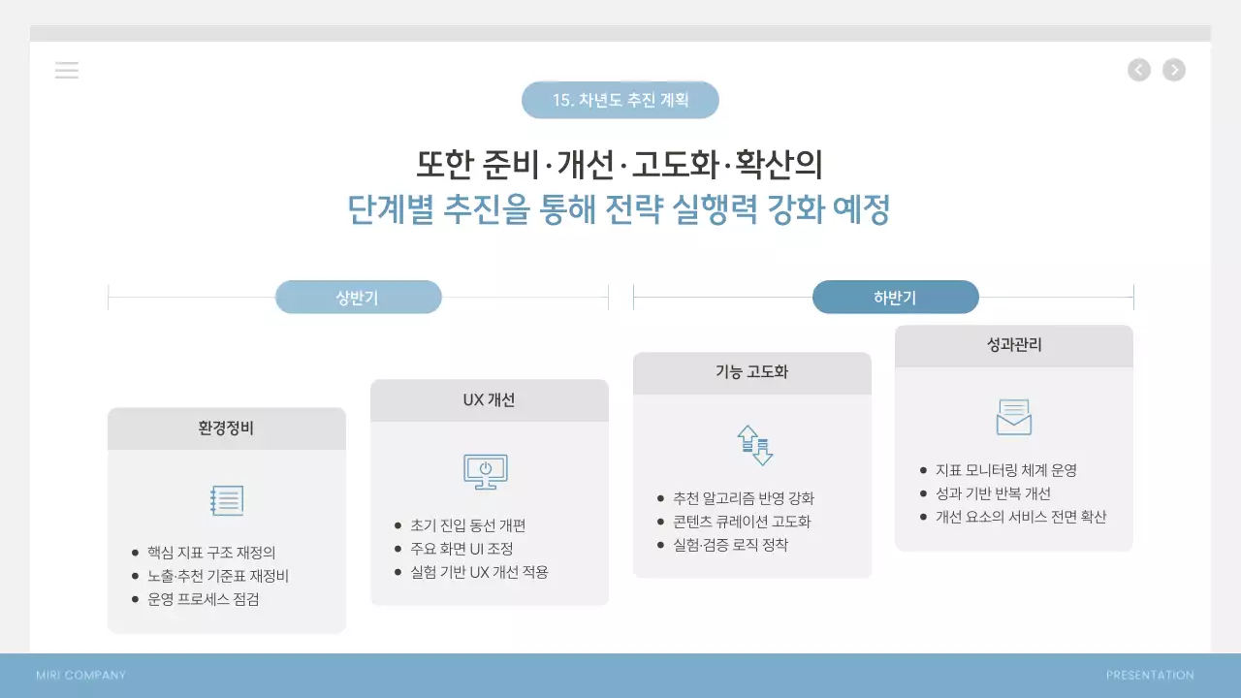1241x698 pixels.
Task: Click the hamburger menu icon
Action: [67, 70]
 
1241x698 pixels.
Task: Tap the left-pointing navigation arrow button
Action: [1139, 70]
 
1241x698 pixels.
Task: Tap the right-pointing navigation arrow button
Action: [1174, 70]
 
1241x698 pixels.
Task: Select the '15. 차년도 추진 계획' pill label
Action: [620, 100]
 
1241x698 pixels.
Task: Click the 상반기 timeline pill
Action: [358, 298]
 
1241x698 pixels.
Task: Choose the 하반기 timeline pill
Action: [895, 298]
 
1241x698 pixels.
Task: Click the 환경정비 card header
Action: [226, 428]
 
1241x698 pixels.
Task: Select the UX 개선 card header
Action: [489, 400]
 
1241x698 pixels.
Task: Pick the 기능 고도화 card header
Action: [751, 372]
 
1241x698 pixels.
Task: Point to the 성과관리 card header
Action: [1013, 345]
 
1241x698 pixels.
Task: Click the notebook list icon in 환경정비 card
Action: [227, 500]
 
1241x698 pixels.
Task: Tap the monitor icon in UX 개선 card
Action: [486, 472]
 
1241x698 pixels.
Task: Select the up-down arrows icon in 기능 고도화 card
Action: [754, 445]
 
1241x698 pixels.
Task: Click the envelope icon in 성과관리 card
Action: [1014, 418]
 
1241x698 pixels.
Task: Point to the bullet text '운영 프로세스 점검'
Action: [204, 599]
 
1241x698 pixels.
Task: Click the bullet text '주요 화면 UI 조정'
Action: [461, 549]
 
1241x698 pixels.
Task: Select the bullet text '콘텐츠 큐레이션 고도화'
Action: [742, 522]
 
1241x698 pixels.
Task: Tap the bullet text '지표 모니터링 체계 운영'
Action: [1006, 470]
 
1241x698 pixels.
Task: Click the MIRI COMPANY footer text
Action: [80, 676]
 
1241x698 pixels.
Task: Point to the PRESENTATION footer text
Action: [1150, 676]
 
